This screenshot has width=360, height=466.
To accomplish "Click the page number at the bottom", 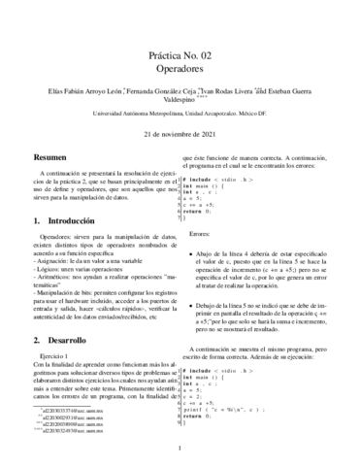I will [180, 449].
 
